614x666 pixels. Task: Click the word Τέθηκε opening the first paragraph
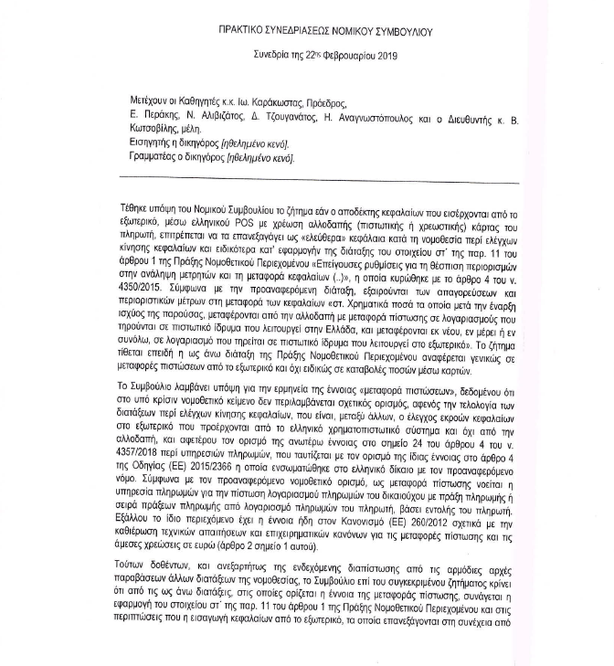tap(136, 209)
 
